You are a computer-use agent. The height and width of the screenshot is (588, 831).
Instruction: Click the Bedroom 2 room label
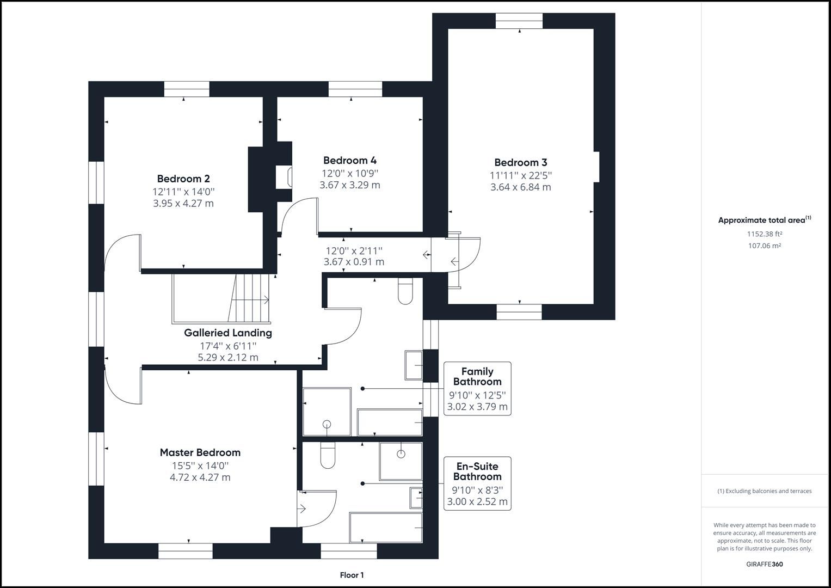click(183, 179)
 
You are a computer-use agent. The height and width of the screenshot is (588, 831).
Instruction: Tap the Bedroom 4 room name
click(349, 160)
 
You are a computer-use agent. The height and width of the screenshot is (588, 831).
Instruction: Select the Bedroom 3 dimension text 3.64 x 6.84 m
click(520, 187)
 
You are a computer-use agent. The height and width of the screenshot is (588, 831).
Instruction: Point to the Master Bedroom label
click(200, 452)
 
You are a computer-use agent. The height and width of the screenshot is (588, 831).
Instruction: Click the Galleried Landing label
click(227, 333)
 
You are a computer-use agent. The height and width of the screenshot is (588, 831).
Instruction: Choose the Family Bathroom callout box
click(477, 388)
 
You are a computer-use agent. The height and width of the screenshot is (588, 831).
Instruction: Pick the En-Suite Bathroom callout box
click(477, 483)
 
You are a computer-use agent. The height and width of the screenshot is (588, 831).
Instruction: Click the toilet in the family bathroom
click(406, 291)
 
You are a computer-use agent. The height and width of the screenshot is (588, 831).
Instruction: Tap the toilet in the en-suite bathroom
click(328, 455)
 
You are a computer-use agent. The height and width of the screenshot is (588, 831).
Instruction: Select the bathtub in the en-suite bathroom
click(386, 528)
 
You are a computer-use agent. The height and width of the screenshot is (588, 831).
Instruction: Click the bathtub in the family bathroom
click(389, 422)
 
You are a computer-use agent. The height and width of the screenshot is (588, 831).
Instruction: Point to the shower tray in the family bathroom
click(327, 412)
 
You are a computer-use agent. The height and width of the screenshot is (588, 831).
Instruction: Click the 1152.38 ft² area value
click(764, 234)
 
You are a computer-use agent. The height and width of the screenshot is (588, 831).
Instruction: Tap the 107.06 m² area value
click(764, 246)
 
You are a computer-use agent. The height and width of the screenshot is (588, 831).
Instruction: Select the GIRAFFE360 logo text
click(764, 564)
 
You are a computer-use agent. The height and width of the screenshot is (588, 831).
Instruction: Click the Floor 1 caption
click(352, 575)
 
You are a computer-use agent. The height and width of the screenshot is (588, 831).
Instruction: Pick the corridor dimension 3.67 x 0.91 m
click(354, 262)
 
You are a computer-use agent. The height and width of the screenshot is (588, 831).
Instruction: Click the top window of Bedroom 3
click(519, 21)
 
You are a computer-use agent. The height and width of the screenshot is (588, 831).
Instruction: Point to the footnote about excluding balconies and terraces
click(764, 491)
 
